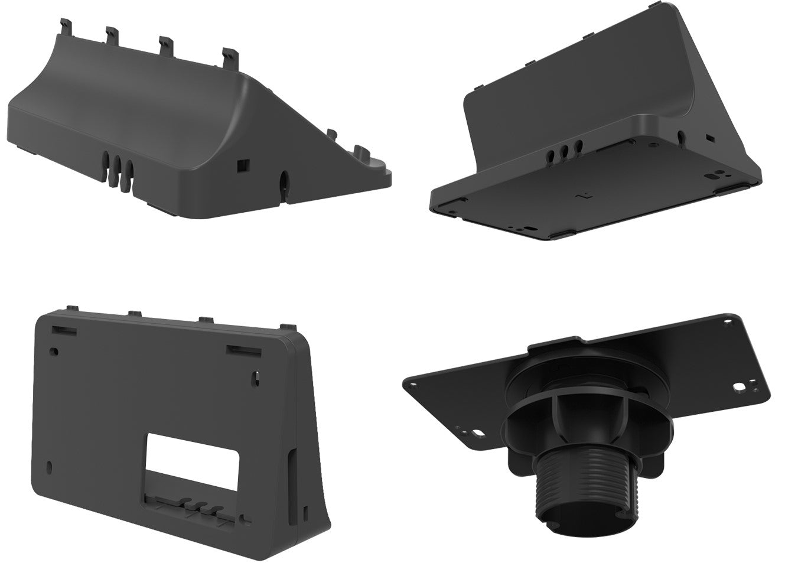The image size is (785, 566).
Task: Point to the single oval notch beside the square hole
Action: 283,180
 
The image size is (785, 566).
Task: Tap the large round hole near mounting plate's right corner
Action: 739,388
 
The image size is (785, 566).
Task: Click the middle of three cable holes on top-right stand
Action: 565,151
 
